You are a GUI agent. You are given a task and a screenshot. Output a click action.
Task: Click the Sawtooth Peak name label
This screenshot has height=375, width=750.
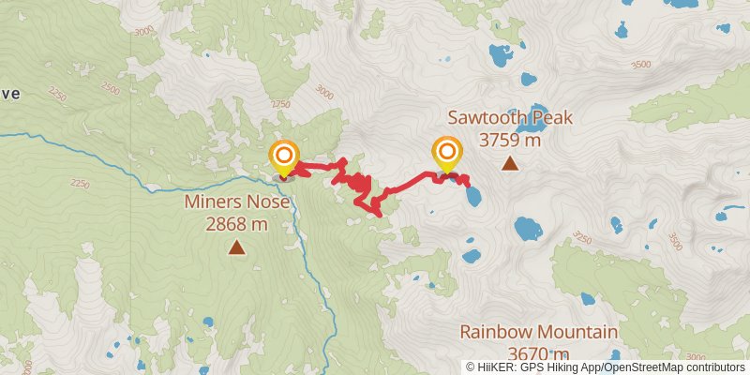coord(509,118)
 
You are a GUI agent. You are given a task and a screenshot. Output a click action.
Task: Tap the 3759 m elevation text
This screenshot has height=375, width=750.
coord(509,140)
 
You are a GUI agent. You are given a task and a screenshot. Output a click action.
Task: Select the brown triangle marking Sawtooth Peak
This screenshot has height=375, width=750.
coord(509,164)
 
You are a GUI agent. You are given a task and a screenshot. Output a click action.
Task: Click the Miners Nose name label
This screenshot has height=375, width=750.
coord(236,202)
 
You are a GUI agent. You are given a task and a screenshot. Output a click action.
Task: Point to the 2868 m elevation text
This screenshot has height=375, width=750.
coord(236,224)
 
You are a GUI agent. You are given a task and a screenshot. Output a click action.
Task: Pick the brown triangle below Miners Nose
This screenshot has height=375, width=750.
coord(236,247)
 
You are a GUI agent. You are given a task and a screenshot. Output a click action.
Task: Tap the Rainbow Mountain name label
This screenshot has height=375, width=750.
coord(538,332)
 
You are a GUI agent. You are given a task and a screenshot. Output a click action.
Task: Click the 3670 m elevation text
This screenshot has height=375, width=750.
coord(538,353)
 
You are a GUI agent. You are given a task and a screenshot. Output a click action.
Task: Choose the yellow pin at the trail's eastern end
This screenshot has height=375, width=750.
coord(447,154)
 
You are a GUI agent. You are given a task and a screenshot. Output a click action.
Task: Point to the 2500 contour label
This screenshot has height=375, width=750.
coord(111,89)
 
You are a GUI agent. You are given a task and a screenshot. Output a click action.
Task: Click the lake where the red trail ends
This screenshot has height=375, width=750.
coord(474,196)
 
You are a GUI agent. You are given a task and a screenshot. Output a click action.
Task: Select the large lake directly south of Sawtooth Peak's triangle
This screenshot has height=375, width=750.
coord(528,228)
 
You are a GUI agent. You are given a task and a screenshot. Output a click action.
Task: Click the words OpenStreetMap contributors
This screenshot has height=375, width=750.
coord(679,367)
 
